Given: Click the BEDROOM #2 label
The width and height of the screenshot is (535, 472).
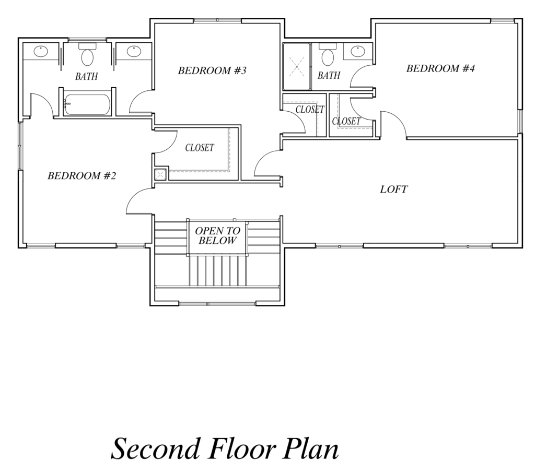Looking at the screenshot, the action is (82, 176).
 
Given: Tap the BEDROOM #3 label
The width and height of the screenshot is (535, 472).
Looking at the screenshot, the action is (212, 70).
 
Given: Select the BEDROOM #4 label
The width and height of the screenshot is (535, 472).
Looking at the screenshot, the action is (440, 68).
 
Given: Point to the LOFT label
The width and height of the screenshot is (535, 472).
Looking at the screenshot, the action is (394, 189).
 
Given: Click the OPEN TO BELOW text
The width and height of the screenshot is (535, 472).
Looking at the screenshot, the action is (217, 235).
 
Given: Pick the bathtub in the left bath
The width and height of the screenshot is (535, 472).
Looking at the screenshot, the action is (87, 104).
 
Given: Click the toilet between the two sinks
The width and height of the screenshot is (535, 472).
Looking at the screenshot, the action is (87, 55).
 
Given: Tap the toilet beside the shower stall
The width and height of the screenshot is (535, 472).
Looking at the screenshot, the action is (328, 55).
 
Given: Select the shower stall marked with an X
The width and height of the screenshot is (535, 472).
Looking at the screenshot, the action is (297, 66).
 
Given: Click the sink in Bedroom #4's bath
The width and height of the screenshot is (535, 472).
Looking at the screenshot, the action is (357, 51).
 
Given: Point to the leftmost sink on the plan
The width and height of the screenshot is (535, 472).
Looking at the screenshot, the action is (41, 52).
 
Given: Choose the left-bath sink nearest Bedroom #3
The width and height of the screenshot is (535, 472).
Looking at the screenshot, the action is (134, 52).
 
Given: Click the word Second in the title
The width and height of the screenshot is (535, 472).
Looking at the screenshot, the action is (155, 449).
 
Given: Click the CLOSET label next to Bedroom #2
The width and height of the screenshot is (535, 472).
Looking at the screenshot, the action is (200, 148).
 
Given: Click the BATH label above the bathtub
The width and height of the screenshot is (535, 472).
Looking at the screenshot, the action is (87, 76).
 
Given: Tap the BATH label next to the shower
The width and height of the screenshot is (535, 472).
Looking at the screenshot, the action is (329, 75).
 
